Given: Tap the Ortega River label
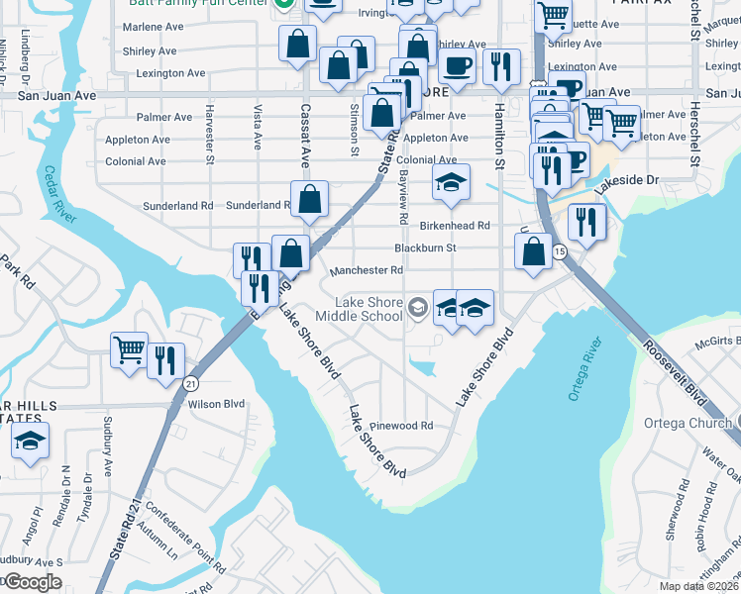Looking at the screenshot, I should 585,368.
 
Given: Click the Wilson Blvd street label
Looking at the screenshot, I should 215,404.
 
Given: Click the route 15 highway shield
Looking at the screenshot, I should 560,252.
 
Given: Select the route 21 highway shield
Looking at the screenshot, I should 191,383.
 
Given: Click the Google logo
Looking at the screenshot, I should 32,581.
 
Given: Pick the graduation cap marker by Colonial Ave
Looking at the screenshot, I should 450,182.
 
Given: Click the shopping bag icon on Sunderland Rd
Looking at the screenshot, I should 310,198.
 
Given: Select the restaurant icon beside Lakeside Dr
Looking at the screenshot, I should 586,222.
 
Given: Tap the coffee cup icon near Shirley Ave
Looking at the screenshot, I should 456,65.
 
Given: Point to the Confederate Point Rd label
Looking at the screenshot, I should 182,541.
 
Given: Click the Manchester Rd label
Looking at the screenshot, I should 367,270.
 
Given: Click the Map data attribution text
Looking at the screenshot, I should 699,586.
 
